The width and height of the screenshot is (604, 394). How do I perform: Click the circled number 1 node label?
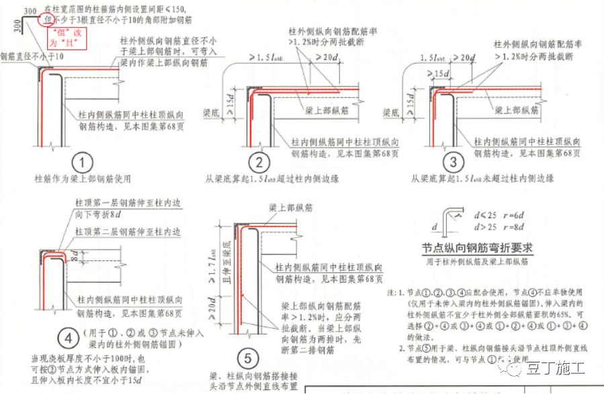(82, 162)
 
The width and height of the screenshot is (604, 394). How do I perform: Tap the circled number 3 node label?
(454, 162)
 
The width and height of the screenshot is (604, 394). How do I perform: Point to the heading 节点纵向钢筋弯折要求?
(478, 247)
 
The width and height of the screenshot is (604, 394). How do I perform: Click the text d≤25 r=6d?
(501, 215)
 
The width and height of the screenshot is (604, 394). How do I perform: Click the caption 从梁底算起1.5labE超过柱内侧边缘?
(273, 179)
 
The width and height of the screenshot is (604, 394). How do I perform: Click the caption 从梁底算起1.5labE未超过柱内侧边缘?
(482, 179)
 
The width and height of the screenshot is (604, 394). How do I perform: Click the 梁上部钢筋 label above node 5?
(290, 206)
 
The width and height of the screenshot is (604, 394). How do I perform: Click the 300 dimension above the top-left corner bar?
(29, 10)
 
